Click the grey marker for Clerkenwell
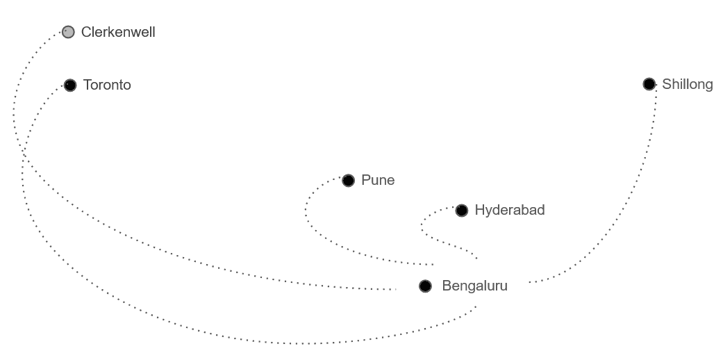click(x=68, y=32)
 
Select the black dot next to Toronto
click(x=69, y=85)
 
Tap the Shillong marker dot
click(x=649, y=84)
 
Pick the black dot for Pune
click(x=348, y=181)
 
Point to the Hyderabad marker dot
click(x=462, y=210)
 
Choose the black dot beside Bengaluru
click(x=425, y=286)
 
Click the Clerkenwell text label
click(x=118, y=32)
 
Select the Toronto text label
click(x=107, y=85)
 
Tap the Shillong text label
click(x=687, y=84)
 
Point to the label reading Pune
click(x=378, y=181)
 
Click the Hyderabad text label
click(x=510, y=210)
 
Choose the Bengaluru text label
click(x=475, y=286)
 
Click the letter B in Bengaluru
click(x=447, y=286)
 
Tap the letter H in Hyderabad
click(x=480, y=210)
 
